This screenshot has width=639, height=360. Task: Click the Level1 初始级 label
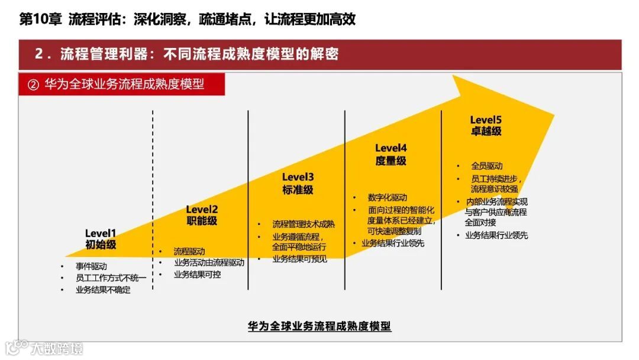click(101, 239)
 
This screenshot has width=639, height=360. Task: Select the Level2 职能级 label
click(202, 215)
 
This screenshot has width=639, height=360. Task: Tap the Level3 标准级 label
click(298, 184)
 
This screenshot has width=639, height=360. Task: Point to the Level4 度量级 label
click(391, 154)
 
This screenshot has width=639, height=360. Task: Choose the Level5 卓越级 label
click(486, 126)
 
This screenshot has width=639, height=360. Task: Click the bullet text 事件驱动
click(91, 266)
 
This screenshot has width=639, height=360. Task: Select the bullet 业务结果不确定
click(103, 290)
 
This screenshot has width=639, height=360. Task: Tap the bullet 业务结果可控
click(197, 275)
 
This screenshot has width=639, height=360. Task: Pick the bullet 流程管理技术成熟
click(304, 224)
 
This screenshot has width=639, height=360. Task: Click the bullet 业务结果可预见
click(299, 259)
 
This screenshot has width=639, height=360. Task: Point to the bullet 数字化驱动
click(387, 198)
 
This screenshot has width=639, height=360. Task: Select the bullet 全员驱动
click(487, 166)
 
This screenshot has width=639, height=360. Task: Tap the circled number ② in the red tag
click(33, 85)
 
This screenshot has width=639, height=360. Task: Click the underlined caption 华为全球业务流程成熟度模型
click(319, 326)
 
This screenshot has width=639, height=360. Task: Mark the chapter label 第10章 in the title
click(41, 20)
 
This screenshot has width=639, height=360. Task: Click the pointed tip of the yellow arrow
click(553, 114)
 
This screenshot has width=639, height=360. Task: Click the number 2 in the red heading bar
click(39, 54)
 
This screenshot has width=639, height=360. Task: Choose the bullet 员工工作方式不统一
click(111, 278)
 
